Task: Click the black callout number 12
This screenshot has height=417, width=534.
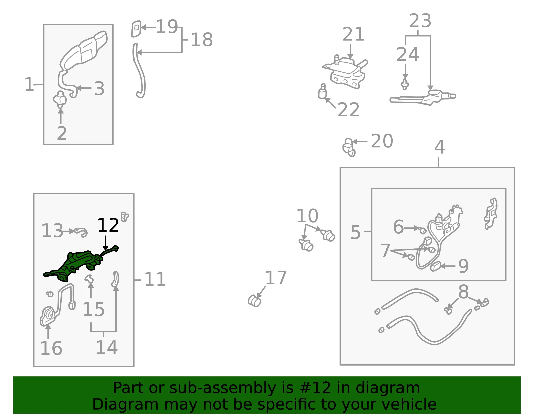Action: click(x=108, y=225)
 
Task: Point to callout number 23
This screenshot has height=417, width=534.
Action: click(x=420, y=21)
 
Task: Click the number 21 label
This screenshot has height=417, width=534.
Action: click(x=353, y=34)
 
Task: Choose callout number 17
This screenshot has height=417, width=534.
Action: click(x=276, y=278)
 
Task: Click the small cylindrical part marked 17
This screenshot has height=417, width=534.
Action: click(x=254, y=301)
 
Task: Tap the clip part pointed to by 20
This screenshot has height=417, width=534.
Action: click(x=349, y=148)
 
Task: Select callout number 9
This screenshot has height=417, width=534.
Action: click(x=463, y=266)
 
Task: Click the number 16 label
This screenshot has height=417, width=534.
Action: click(x=51, y=348)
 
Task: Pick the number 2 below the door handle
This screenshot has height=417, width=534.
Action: click(x=62, y=133)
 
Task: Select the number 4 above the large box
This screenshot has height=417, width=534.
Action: click(x=440, y=147)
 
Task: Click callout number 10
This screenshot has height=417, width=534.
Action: click(x=307, y=216)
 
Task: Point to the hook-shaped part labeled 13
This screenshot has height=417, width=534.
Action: click(x=81, y=232)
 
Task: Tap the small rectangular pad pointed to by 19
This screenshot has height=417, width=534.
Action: click(x=137, y=29)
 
